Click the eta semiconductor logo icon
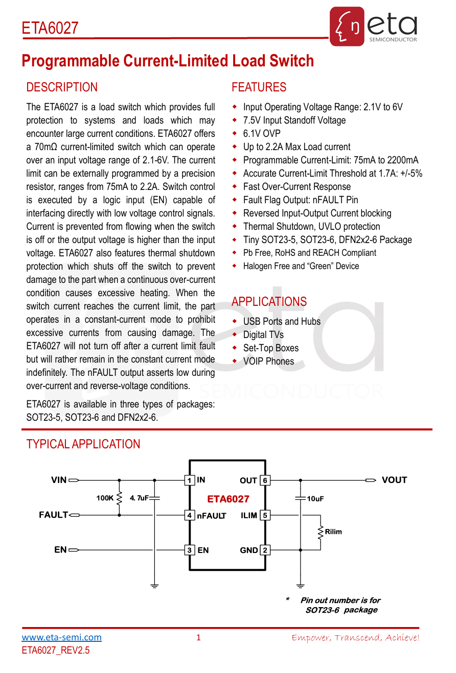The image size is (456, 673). point(347,27)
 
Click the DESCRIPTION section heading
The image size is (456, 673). point(62,87)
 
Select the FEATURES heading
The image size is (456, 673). point(259,87)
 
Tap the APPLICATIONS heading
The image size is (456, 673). point(269,302)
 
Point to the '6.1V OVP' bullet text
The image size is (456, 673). point(262,134)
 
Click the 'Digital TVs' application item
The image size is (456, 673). point(263,335)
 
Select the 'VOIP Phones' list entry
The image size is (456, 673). point(268,362)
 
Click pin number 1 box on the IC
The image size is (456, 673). point(190,480)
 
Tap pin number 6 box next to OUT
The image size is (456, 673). point(265,480)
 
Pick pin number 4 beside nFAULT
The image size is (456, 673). point(190,516)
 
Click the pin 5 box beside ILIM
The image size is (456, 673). point(265,516)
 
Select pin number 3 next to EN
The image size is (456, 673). point(190,550)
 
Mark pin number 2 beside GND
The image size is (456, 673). point(265,550)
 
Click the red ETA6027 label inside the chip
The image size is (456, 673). point(228,499)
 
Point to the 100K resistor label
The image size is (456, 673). point(105,498)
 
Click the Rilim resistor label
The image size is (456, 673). point(333,532)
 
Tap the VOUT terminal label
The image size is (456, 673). point(394,480)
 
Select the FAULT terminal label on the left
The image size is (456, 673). point(53,515)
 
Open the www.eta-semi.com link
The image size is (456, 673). point(61,637)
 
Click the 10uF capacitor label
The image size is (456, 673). point(315,499)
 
